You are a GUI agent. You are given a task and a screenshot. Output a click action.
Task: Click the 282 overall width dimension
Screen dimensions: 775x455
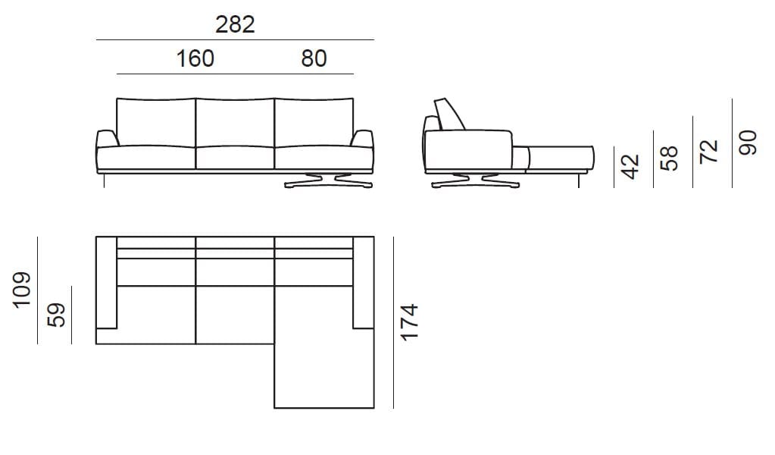(235, 24)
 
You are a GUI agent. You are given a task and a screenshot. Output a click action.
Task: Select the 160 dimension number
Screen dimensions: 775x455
(195, 58)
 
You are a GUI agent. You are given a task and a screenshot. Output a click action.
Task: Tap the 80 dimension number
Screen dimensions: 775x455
(314, 58)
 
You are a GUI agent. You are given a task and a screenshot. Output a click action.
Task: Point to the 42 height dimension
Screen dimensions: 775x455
(630, 166)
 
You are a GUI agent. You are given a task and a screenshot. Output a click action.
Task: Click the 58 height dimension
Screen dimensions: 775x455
(669, 158)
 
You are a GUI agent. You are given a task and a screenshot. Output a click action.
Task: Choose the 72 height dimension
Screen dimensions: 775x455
(709, 151)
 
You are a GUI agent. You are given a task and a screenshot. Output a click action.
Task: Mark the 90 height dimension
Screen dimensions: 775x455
(748, 143)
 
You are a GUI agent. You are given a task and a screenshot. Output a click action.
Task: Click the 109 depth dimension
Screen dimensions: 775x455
(22, 290)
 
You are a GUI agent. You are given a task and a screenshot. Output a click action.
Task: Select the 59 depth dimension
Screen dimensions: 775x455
(56, 315)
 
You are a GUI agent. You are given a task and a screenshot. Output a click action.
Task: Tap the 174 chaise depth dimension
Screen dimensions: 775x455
(409, 322)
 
